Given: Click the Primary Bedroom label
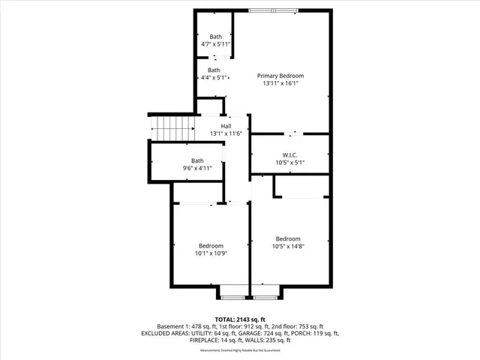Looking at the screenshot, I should coord(280,76).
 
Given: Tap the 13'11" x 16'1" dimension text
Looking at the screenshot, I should coord(280,84).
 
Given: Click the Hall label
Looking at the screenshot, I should coord(225,126).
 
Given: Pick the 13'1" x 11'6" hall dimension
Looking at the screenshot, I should coord(225,133).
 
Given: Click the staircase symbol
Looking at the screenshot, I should coord(172,127).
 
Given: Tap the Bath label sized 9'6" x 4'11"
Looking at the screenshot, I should coord(197,160).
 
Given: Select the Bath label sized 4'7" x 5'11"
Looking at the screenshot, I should coord(216,37).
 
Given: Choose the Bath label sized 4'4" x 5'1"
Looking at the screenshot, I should coord(214,70).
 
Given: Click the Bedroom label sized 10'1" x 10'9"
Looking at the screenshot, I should coord(211,246).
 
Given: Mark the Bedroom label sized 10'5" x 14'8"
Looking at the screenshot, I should coord(289,238).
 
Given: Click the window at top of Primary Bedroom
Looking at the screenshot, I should coord(272,10).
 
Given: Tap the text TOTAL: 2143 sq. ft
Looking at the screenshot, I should coord(239,319).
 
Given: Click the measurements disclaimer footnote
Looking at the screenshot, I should coord(239,350).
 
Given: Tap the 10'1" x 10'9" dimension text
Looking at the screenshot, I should coord(211,254).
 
